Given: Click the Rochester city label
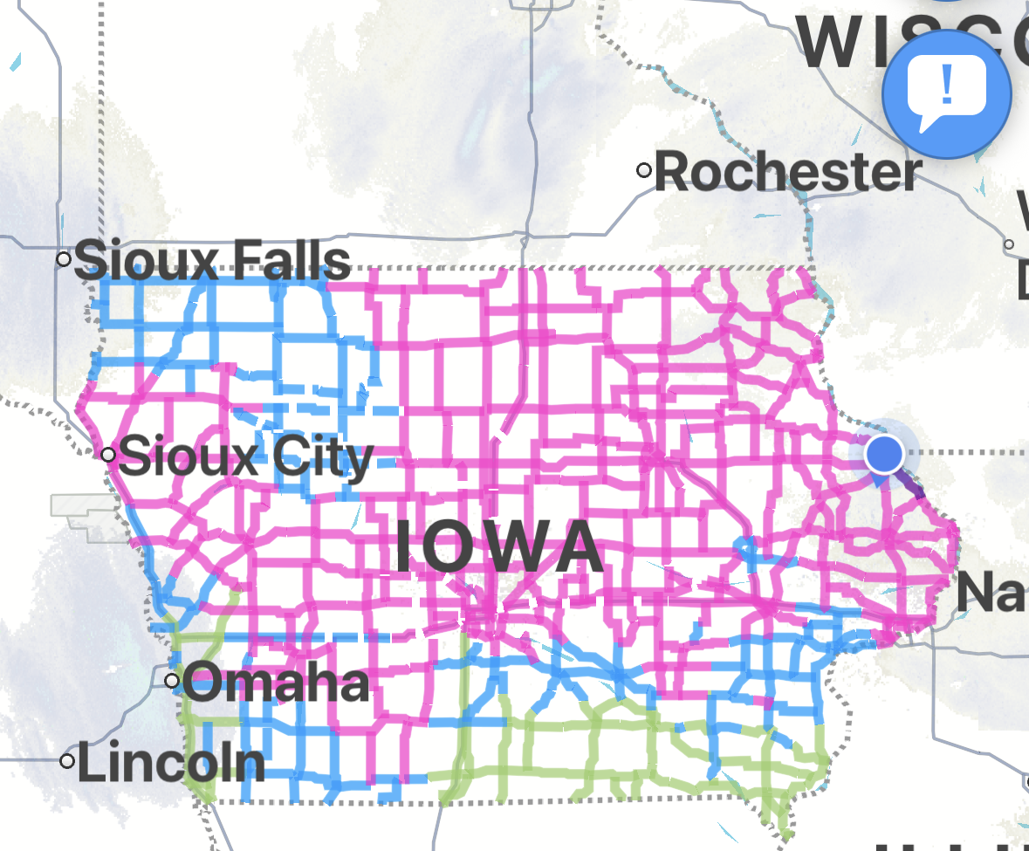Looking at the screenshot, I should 787,172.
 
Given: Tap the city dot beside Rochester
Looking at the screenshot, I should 644,170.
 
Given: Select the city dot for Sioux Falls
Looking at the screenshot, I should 64,258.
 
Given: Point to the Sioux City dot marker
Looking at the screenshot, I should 108,455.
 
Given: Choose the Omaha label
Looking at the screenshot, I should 276,683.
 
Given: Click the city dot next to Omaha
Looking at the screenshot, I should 172,680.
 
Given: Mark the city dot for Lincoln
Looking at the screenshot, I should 67,761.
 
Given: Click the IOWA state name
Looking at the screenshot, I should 499,547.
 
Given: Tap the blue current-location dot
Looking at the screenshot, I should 884,455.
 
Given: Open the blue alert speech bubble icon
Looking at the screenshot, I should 947,93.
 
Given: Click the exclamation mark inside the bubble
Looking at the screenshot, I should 948,86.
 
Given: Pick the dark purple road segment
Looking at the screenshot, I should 911,486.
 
